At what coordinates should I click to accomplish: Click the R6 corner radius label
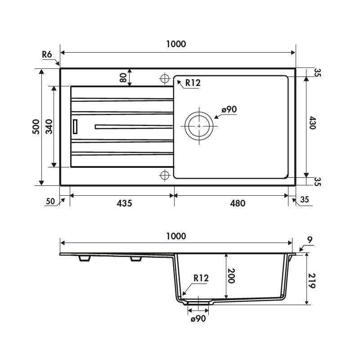click(47, 54)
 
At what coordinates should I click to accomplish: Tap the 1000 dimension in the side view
click(176, 236)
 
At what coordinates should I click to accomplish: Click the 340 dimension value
click(49, 127)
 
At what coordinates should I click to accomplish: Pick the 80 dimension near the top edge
click(123, 77)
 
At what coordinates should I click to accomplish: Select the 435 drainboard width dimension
click(124, 203)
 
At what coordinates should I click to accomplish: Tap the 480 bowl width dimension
click(238, 203)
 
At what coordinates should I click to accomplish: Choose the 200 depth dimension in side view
click(231, 275)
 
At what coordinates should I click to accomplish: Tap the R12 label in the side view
click(201, 278)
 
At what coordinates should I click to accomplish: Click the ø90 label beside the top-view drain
click(229, 109)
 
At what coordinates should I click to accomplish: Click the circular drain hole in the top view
click(199, 126)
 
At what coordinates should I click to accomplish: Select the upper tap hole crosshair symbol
click(165, 78)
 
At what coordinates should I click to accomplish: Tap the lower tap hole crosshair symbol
click(165, 175)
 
